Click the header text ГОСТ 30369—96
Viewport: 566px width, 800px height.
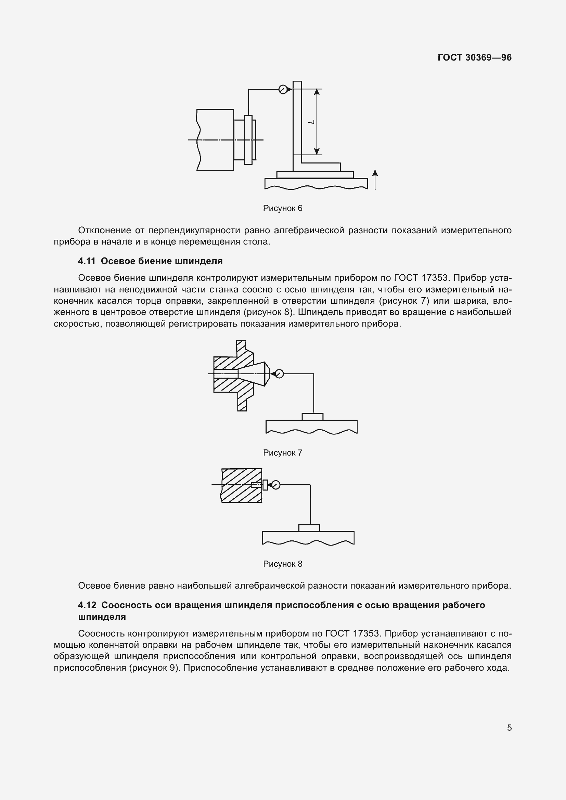pos(474,58)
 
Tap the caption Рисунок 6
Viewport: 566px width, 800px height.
pos(283,208)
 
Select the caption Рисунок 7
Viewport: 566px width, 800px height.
pos(283,453)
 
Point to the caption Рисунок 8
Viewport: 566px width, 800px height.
pos(283,564)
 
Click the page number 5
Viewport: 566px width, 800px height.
pos(509,728)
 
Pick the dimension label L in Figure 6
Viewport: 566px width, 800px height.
pos(312,122)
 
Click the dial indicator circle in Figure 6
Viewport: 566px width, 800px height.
pos(283,90)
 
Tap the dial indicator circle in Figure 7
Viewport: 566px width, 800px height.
pos(279,374)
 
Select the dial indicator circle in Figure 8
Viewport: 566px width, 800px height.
pos(276,485)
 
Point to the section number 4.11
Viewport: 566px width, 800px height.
pos(87,261)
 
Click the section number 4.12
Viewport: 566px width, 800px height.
pos(87,605)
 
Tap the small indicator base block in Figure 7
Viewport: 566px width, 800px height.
pos(313,417)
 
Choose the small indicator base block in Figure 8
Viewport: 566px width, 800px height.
pos(309,528)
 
